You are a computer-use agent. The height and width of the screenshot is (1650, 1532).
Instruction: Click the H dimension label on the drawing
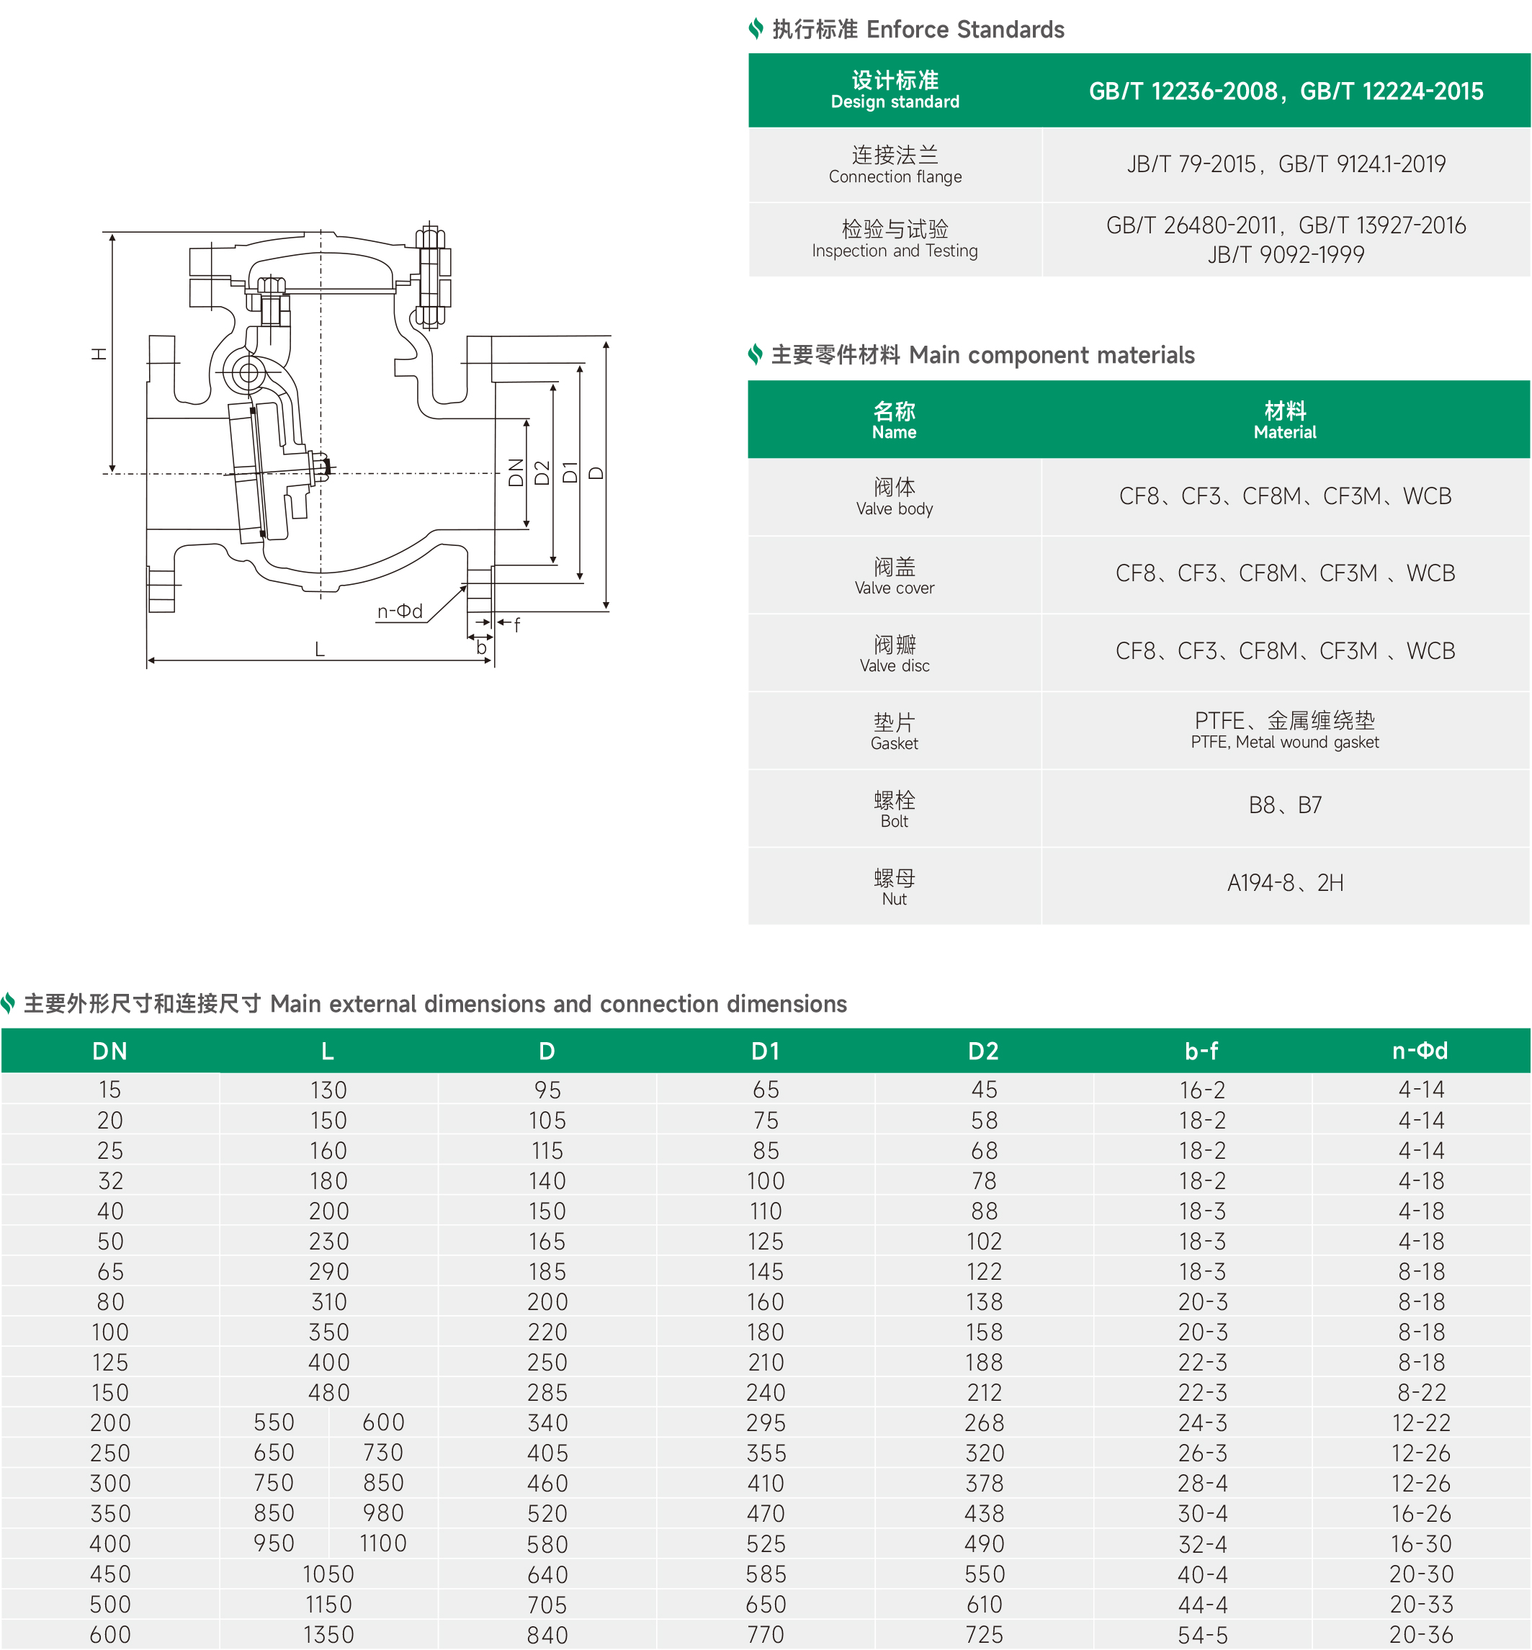[x=99, y=354]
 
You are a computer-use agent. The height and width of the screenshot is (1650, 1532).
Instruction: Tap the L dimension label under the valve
[x=319, y=649]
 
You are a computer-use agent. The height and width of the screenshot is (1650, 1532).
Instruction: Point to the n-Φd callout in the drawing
[x=400, y=611]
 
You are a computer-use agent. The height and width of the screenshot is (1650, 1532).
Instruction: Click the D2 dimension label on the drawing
[x=542, y=472]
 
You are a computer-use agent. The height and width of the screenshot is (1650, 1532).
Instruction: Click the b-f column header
[x=1201, y=1051]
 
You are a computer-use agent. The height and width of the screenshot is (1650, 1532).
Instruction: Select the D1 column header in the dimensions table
[x=765, y=1051]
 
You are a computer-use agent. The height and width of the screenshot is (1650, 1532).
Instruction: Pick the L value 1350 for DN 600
[x=328, y=1634]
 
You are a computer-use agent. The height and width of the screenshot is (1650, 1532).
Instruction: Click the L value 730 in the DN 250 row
[x=382, y=1453]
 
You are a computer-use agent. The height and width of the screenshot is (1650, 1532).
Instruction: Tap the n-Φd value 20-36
[x=1421, y=1634]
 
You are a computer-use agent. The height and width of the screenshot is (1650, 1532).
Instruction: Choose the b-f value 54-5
[x=1202, y=1634]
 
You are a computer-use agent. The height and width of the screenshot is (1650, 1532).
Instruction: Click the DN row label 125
[x=109, y=1362]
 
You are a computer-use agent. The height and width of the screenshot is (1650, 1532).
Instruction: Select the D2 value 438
[x=984, y=1513]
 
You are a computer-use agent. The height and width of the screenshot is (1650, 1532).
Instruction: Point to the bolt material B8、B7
[x=1285, y=804]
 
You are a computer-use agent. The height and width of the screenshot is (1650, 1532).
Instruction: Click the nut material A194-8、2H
[x=1285, y=882]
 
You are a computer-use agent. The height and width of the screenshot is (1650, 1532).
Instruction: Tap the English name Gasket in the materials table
[x=894, y=743]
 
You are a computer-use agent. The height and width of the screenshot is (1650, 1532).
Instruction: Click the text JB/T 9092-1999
[x=1285, y=254]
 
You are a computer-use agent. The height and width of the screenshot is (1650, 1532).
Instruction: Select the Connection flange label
[x=895, y=176]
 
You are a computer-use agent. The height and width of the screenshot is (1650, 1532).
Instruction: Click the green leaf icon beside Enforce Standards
[x=756, y=29]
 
